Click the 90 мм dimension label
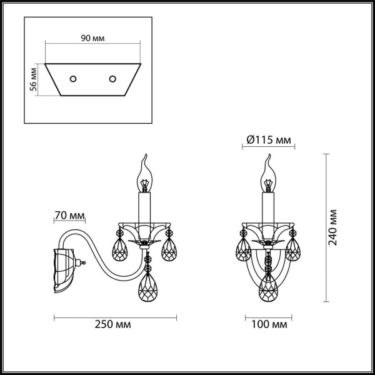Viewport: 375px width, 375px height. click(x=93, y=38)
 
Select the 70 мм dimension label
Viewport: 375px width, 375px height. click(x=69, y=216)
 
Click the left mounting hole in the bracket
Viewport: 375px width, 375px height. click(x=72, y=79)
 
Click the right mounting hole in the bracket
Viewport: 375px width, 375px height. click(x=113, y=79)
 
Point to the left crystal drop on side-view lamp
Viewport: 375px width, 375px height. click(x=118, y=250)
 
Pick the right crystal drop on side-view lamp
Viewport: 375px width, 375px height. click(x=169, y=249)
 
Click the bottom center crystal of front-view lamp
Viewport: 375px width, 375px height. click(x=268, y=287)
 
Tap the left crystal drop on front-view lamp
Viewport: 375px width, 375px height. click(x=243, y=250)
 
